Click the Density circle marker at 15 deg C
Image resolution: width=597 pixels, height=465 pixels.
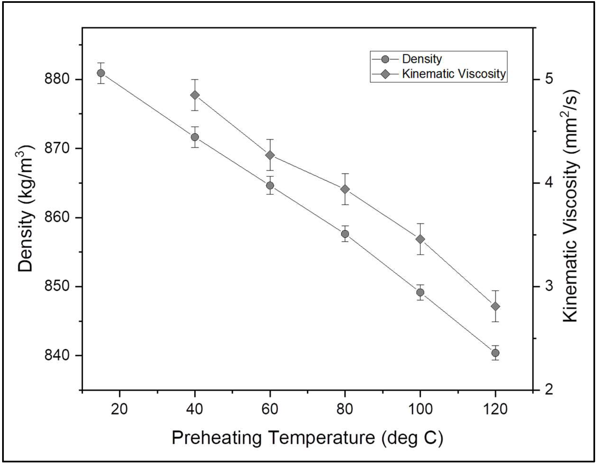coord(101,73)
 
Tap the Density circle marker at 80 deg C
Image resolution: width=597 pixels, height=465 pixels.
coord(345,234)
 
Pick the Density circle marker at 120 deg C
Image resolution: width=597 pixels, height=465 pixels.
coord(495,353)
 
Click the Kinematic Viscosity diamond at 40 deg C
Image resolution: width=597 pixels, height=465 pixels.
coord(195,95)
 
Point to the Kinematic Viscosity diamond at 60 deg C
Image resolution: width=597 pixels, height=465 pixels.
coord(270,155)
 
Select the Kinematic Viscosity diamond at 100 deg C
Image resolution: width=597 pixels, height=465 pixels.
coord(420,239)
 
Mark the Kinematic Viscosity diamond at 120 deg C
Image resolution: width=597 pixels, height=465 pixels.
coord(495,306)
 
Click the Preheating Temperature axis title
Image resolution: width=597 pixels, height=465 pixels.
coord(307,438)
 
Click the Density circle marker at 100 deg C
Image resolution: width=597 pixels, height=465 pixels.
coord(420,293)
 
